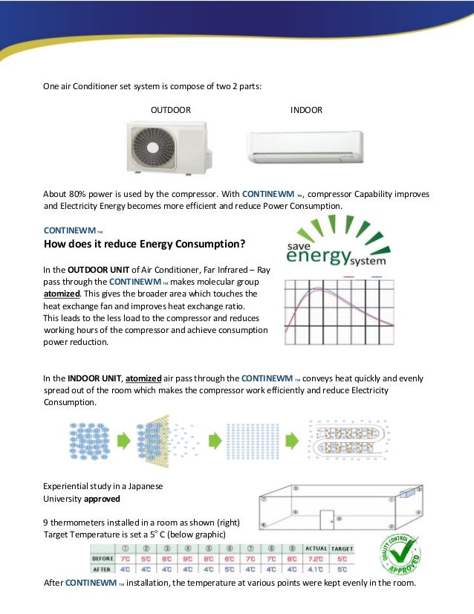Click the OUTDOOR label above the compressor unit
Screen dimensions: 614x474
pos(171,110)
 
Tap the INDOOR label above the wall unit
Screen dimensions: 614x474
pos(306,110)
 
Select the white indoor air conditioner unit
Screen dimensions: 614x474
pos(305,146)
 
